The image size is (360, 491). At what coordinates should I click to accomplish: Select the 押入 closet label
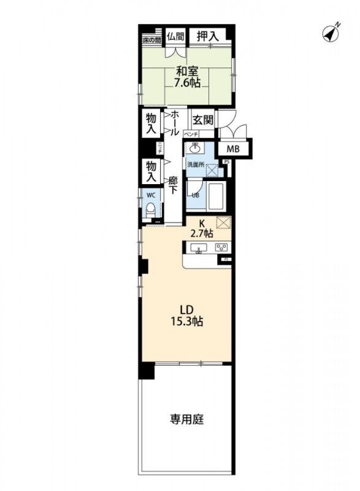pyautogui.click(x=208, y=36)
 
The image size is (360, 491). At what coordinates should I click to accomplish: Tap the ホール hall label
pyautogui.click(x=175, y=123)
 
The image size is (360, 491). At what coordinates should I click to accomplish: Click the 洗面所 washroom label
pyautogui.click(x=196, y=164)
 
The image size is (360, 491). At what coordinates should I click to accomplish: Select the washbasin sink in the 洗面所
pyautogui.click(x=195, y=148)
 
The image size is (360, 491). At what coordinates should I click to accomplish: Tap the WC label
pyautogui.click(x=150, y=196)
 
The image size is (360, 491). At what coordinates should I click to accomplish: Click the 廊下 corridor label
pyautogui.click(x=174, y=186)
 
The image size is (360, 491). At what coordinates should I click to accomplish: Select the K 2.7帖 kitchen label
pyautogui.click(x=202, y=229)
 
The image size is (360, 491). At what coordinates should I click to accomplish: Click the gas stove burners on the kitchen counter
pyautogui.click(x=221, y=248)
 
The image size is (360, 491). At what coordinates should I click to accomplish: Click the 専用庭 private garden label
pyautogui.click(x=186, y=420)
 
